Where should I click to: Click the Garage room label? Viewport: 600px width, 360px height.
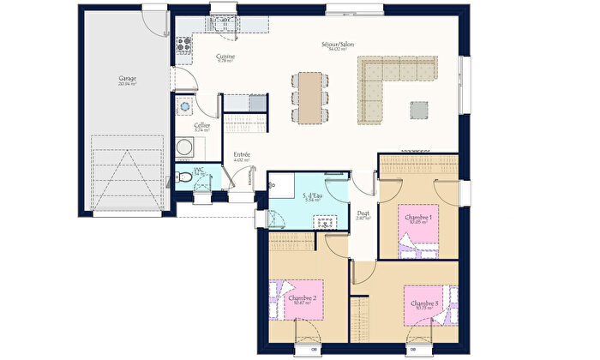128,81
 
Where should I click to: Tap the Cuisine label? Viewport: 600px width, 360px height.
225,58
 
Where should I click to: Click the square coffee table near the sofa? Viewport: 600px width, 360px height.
418,110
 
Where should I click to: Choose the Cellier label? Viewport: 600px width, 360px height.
201,127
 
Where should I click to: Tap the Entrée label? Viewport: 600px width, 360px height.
242,156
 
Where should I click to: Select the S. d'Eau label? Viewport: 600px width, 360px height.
312,196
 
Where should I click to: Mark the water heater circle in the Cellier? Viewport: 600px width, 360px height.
184,106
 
